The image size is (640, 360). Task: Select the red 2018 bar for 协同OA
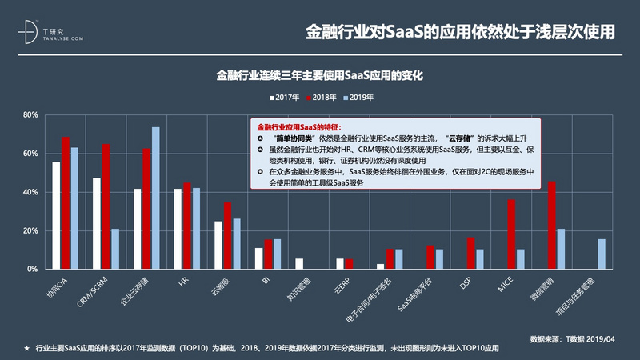coord(66,203)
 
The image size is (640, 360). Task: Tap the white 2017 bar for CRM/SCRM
coord(97,223)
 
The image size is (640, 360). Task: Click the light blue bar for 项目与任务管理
coord(602,254)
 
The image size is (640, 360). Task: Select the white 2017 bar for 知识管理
coord(299,263)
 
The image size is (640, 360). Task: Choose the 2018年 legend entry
coord(320,97)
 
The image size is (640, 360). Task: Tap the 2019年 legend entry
coord(357,97)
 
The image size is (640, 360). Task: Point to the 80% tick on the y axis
coord(30,114)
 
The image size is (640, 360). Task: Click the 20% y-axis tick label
coord(30,230)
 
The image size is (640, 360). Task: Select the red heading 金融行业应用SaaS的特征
coord(298,127)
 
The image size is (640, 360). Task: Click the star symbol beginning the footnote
coord(26,350)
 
